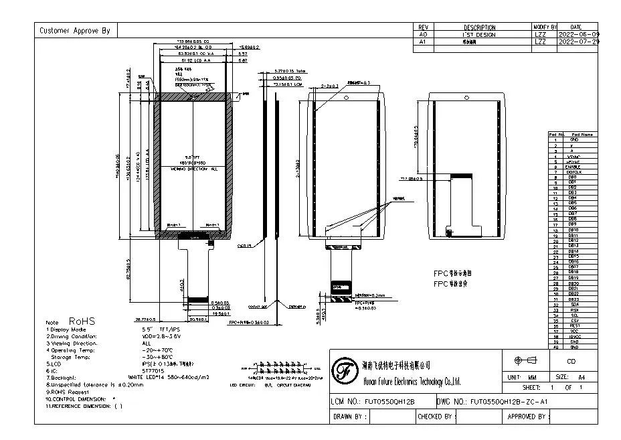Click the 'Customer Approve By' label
coord(74,30)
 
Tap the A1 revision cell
coord(422,41)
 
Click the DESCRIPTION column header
coord(479,27)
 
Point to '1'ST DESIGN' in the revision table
coord(479,33)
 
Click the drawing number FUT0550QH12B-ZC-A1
coord(509,400)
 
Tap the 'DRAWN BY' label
coord(350,417)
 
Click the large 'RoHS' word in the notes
coord(82,321)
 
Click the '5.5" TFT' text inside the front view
coord(193,157)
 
